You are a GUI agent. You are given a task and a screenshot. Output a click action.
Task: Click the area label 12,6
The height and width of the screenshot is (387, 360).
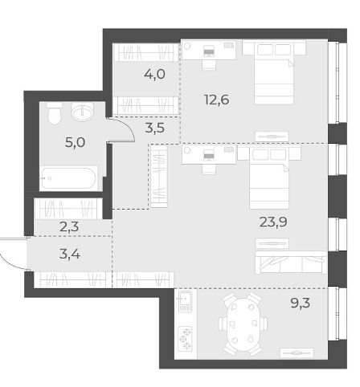tap(217, 100)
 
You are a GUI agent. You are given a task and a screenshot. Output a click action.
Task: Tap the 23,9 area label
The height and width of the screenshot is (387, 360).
tap(273, 222)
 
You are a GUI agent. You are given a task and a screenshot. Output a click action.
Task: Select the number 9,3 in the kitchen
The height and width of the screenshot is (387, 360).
tap(301, 303)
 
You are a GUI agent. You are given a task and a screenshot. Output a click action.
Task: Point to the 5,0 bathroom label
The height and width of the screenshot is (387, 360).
tap(76, 142)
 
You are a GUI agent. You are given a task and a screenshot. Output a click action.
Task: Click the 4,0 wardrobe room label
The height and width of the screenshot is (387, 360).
tap(154, 74)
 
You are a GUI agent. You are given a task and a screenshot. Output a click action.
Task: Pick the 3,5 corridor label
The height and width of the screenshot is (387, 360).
tap(155, 128)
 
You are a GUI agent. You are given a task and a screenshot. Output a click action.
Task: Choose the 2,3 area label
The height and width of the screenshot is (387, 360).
tap(69, 227)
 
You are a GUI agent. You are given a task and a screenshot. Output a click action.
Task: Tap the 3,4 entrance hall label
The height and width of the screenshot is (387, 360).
tap(70, 254)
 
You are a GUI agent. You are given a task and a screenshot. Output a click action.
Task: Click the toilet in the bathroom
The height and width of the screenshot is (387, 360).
tap(55, 113)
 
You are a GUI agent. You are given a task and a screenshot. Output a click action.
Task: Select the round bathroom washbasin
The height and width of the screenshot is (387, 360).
tap(83, 112)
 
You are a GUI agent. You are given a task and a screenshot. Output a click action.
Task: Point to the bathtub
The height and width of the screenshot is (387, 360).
tap(68, 178)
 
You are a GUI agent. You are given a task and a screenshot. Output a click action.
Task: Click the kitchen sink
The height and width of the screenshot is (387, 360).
tap(186, 301)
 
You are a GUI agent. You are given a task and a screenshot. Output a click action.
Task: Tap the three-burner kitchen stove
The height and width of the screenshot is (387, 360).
tap(186, 338)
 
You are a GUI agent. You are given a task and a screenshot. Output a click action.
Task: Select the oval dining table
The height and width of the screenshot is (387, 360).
tap(243, 324)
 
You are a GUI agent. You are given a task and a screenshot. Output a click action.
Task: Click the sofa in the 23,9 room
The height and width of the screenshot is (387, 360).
tap(291, 263)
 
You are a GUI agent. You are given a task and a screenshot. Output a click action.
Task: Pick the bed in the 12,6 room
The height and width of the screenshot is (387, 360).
tap(274, 71)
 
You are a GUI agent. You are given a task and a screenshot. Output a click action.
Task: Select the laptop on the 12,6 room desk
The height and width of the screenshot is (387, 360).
tap(209, 51)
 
